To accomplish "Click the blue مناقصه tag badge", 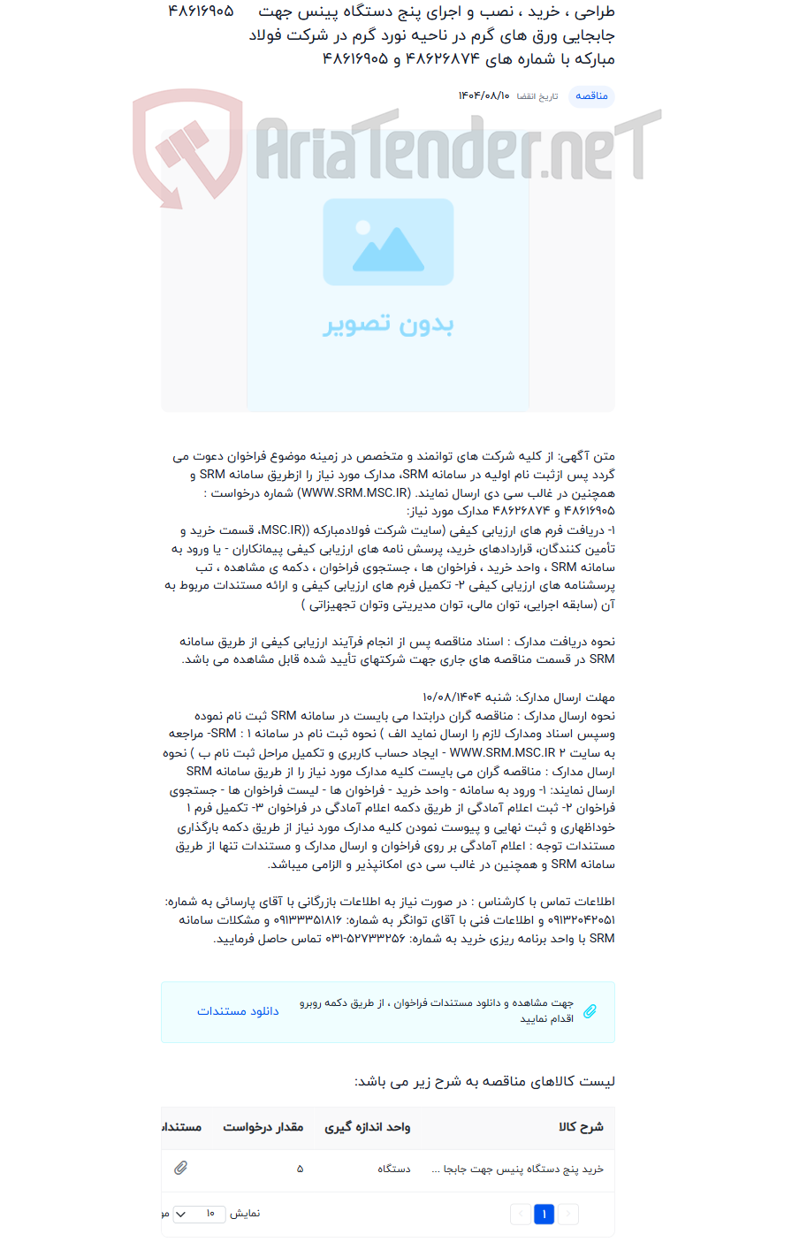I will [591, 95].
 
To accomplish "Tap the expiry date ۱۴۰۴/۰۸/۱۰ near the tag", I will [484, 95].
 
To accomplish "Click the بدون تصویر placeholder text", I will [388, 324].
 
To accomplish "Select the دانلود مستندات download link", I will [238, 1011].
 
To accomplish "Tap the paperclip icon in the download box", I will [590, 1011].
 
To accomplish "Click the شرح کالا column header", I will [581, 1127].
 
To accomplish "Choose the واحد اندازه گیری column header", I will [367, 1127].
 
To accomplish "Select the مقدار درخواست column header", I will [263, 1127].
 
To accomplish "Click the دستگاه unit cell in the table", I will [394, 1169].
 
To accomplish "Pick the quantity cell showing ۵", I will [300, 1169].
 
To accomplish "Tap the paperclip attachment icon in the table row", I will [181, 1168].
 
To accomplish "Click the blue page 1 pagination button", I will [544, 1215].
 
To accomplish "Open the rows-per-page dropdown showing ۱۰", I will [198, 1214].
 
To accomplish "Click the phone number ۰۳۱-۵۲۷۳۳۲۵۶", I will [365, 939].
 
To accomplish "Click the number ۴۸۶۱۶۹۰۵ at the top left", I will [201, 12].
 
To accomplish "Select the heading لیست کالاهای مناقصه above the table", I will [484, 1082].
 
